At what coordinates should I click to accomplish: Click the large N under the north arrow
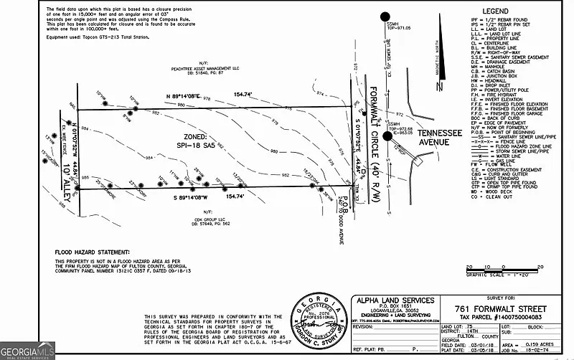pos(438,87)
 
